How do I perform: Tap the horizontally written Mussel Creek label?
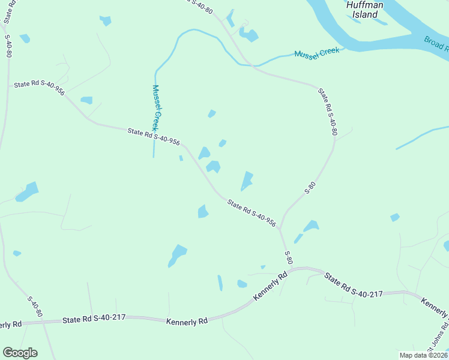point(317,53)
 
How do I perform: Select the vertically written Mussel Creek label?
point(155,108)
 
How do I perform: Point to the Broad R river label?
point(436,44)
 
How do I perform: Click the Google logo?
point(20,353)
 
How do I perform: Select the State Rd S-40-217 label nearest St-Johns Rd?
point(354,286)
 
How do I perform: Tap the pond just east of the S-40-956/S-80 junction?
point(310,226)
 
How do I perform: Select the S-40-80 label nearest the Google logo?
point(35,306)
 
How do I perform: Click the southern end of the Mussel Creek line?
point(154,157)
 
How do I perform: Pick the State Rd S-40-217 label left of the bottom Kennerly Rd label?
point(94,319)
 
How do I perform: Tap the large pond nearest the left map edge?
point(27,193)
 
